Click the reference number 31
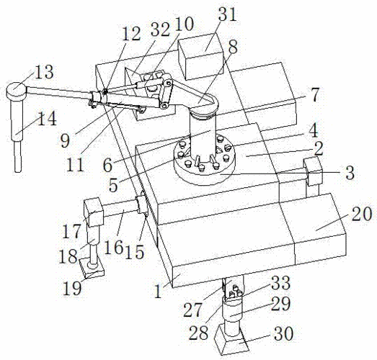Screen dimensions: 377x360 227,14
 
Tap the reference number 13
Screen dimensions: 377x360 44,72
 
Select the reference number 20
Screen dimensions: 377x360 362,214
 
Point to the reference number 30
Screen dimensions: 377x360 284,333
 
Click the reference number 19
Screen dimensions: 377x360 72,288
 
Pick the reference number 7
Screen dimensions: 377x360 314,94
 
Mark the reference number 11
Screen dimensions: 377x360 75,164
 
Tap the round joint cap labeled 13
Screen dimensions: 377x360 17,91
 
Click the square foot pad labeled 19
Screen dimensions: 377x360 92,267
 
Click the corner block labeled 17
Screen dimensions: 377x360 94,212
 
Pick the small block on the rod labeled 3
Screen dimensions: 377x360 313,171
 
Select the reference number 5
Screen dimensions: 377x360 113,185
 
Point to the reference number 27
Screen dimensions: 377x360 192,310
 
